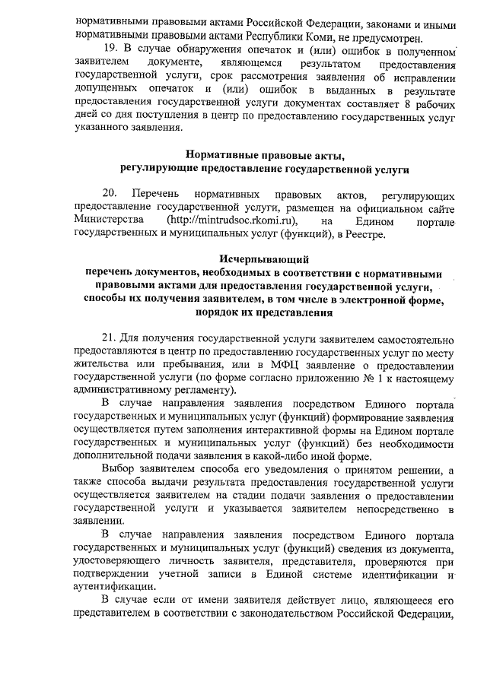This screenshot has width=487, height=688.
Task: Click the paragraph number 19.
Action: pyautogui.click(x=110, y=50)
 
